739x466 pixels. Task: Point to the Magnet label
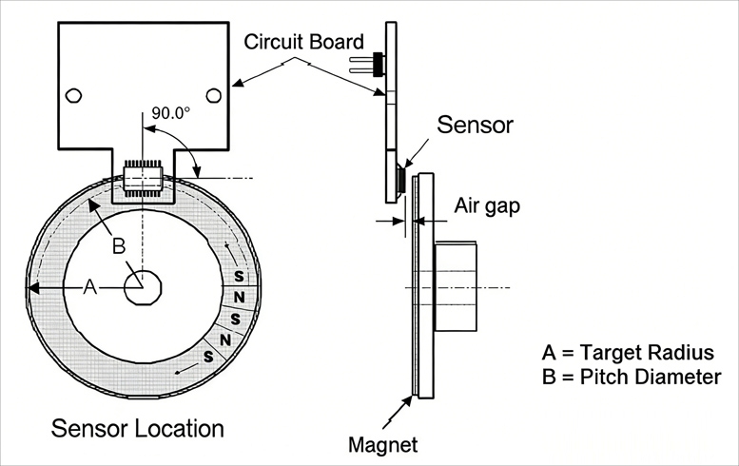[383, 444]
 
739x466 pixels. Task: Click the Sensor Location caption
[138, 427]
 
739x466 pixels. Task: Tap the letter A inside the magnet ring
[90, 287]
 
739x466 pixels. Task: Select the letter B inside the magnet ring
[119, 246]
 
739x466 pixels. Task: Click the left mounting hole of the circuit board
[72, 95]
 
